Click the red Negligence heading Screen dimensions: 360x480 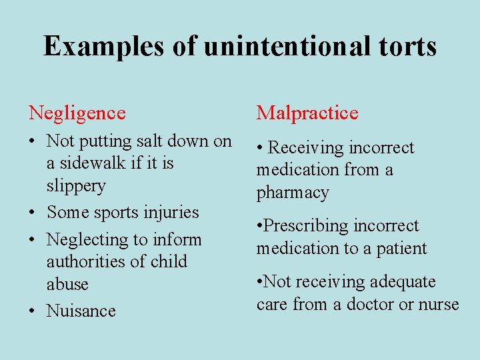point(77,113)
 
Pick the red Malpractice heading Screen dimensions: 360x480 point(307,113)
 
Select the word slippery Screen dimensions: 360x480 point(76,186)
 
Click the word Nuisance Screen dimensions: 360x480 point(81,311)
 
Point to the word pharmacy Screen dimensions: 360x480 point(293,193)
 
